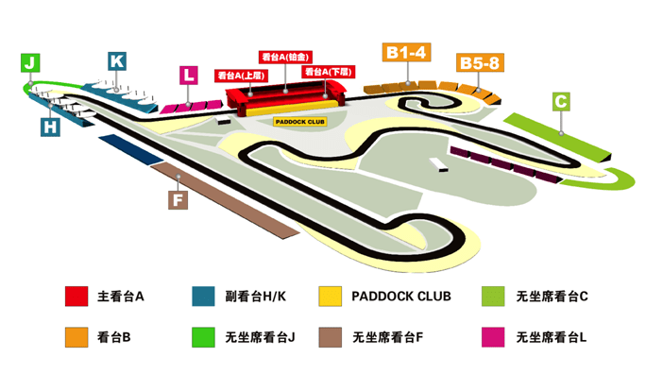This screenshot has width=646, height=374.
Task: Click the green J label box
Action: (31, 63)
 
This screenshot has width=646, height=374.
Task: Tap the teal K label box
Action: (117, 60)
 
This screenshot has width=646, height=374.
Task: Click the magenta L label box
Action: (190, 75)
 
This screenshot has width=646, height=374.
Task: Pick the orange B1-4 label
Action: (407, 53)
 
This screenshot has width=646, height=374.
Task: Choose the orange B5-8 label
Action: (480, 63)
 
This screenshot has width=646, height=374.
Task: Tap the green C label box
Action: (561, 101)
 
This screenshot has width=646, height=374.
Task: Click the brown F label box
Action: (177, 199)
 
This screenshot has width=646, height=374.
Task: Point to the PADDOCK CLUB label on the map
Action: (298, 121)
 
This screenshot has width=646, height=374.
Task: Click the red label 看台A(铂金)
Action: (285, 57)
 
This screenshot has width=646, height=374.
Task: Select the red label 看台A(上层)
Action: (240, 74)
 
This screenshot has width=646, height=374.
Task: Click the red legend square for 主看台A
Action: (76, 297)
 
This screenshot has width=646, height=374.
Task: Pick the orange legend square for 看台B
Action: (76, 335)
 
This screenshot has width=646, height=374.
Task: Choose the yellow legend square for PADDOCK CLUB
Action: (331, 297)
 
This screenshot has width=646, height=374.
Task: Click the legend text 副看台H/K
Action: (255, 297)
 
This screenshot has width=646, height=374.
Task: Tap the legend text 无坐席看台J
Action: (261, 335)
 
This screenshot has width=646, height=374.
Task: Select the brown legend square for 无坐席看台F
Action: (331, 335)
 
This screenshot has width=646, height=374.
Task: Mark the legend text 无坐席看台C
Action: (552, 297)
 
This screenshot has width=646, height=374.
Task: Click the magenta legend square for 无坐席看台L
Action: (493, 335)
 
